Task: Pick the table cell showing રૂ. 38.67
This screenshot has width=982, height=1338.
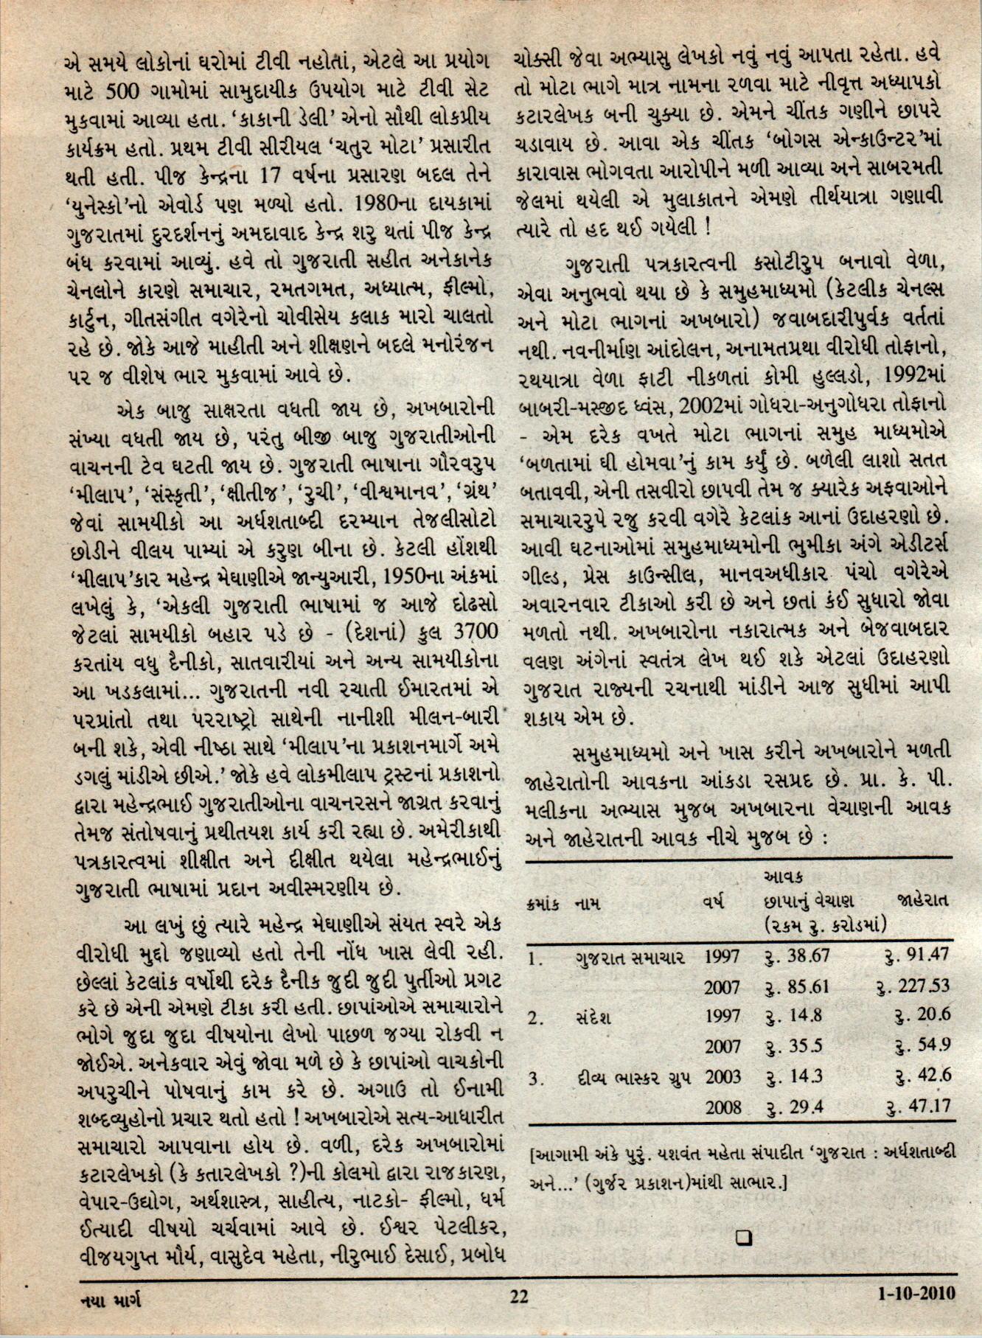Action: point(798,956)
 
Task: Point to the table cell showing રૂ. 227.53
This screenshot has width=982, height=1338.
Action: point(913,986)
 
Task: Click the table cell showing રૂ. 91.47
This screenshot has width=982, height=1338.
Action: point(916,956)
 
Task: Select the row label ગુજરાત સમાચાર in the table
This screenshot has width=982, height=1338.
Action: point(630,958)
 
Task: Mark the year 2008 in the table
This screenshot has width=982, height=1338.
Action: point(722,1107)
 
